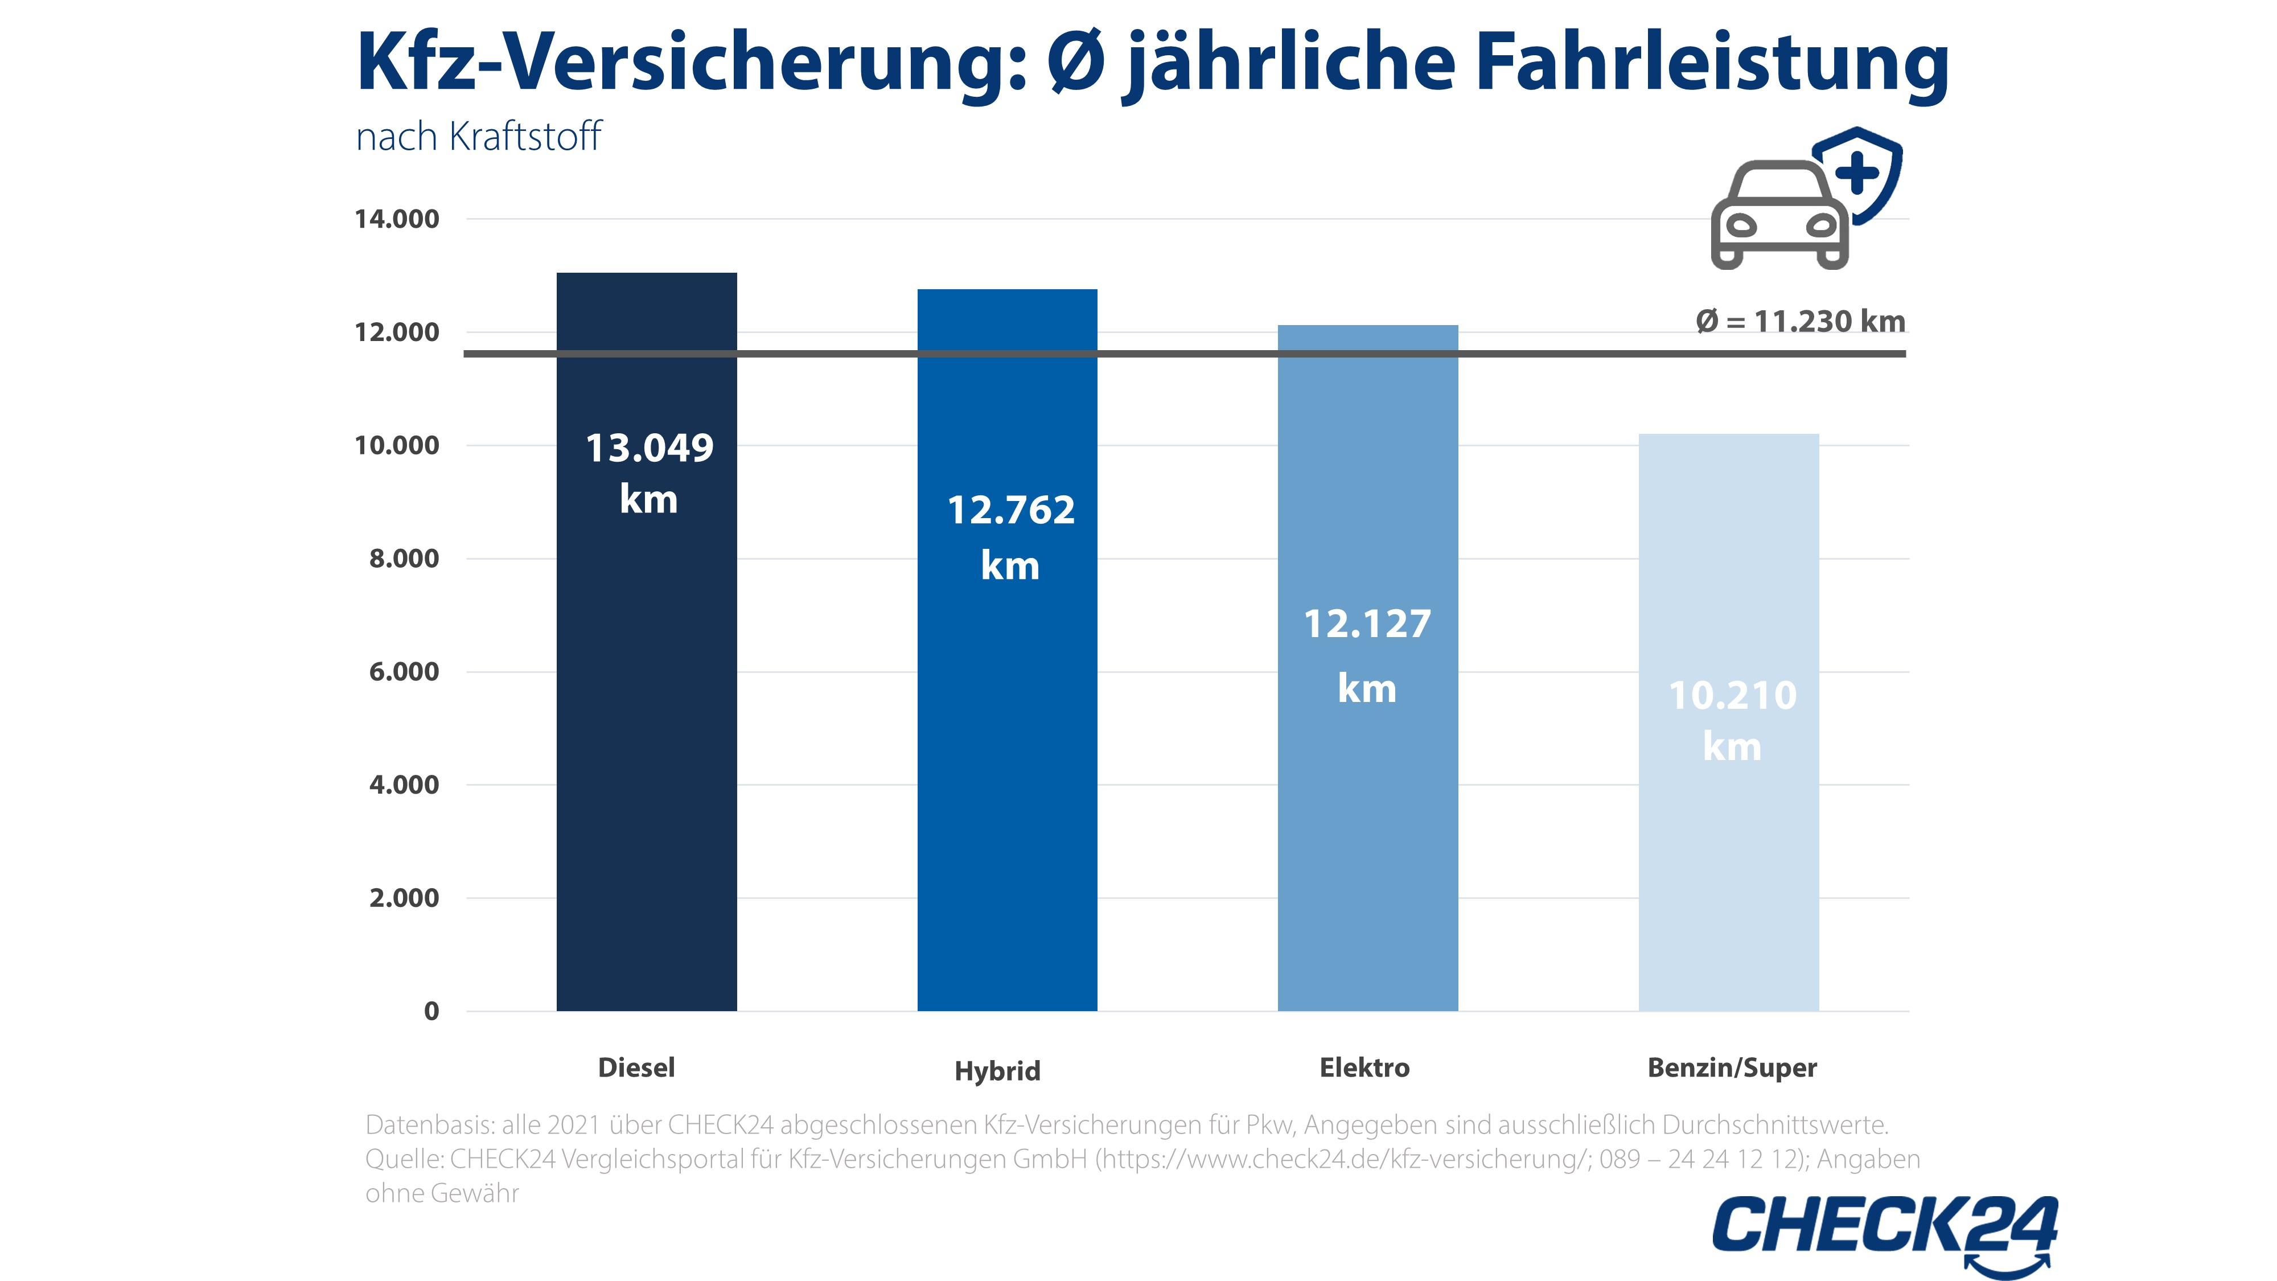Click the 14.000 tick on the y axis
[397, 219]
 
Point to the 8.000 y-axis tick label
[404, 559]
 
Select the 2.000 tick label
[404, 898]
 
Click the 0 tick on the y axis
[431, 1011]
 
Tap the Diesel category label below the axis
[636, 1068]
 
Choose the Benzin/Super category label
[1732, 1068]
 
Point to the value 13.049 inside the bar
[650, 448]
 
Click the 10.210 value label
[1732, 696]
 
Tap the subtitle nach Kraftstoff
[478, 137]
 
